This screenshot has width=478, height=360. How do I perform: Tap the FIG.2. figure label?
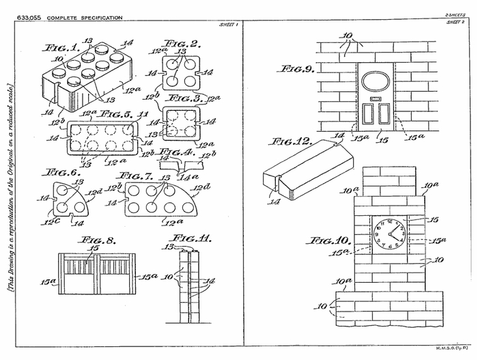pyautogui.click(x=184, y=46)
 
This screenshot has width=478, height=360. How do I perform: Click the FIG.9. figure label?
pyautogui.click(x=298, y=69)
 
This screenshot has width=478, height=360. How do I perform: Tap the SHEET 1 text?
pyautogui.click(x=227, y=25)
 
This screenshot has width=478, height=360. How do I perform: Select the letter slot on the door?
pyautogui.click(x=373, y=99)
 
